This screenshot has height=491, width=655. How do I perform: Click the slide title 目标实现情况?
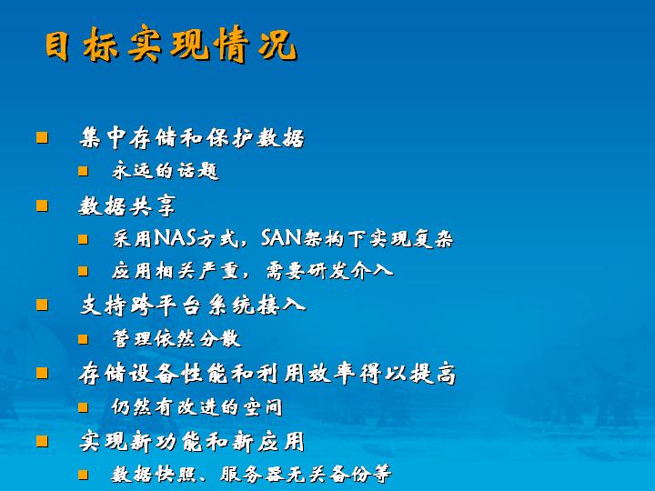click(171, 45)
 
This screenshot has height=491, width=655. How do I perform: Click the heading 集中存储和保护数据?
click(192, 138)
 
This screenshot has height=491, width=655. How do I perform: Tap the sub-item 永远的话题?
click(165, 171)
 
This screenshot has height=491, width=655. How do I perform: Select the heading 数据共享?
click(127, 205)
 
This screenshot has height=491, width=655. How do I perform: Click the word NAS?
click(176, 238)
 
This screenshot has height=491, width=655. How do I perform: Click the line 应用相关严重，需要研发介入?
click(252, 271)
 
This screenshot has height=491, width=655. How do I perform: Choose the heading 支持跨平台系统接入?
click(193, 305)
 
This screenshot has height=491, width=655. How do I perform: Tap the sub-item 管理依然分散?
click(176, 338)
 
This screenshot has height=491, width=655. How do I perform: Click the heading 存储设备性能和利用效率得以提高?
click(267, 373)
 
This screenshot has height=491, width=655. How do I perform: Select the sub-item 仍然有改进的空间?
click(196, 406)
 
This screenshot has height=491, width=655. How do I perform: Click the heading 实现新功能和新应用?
click(192, 441)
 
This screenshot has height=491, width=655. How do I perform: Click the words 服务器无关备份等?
click(306, 475)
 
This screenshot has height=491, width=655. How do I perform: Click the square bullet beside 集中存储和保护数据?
click(42, 137)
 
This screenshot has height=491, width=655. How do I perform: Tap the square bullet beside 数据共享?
click(42, 205)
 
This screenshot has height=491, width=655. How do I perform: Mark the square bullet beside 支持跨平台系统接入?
click(42, 305)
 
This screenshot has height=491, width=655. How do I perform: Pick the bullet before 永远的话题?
click(83, 171)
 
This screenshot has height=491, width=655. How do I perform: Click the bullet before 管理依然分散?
click(83, 338)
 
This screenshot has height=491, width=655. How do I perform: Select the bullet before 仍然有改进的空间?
click(83, 407)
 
